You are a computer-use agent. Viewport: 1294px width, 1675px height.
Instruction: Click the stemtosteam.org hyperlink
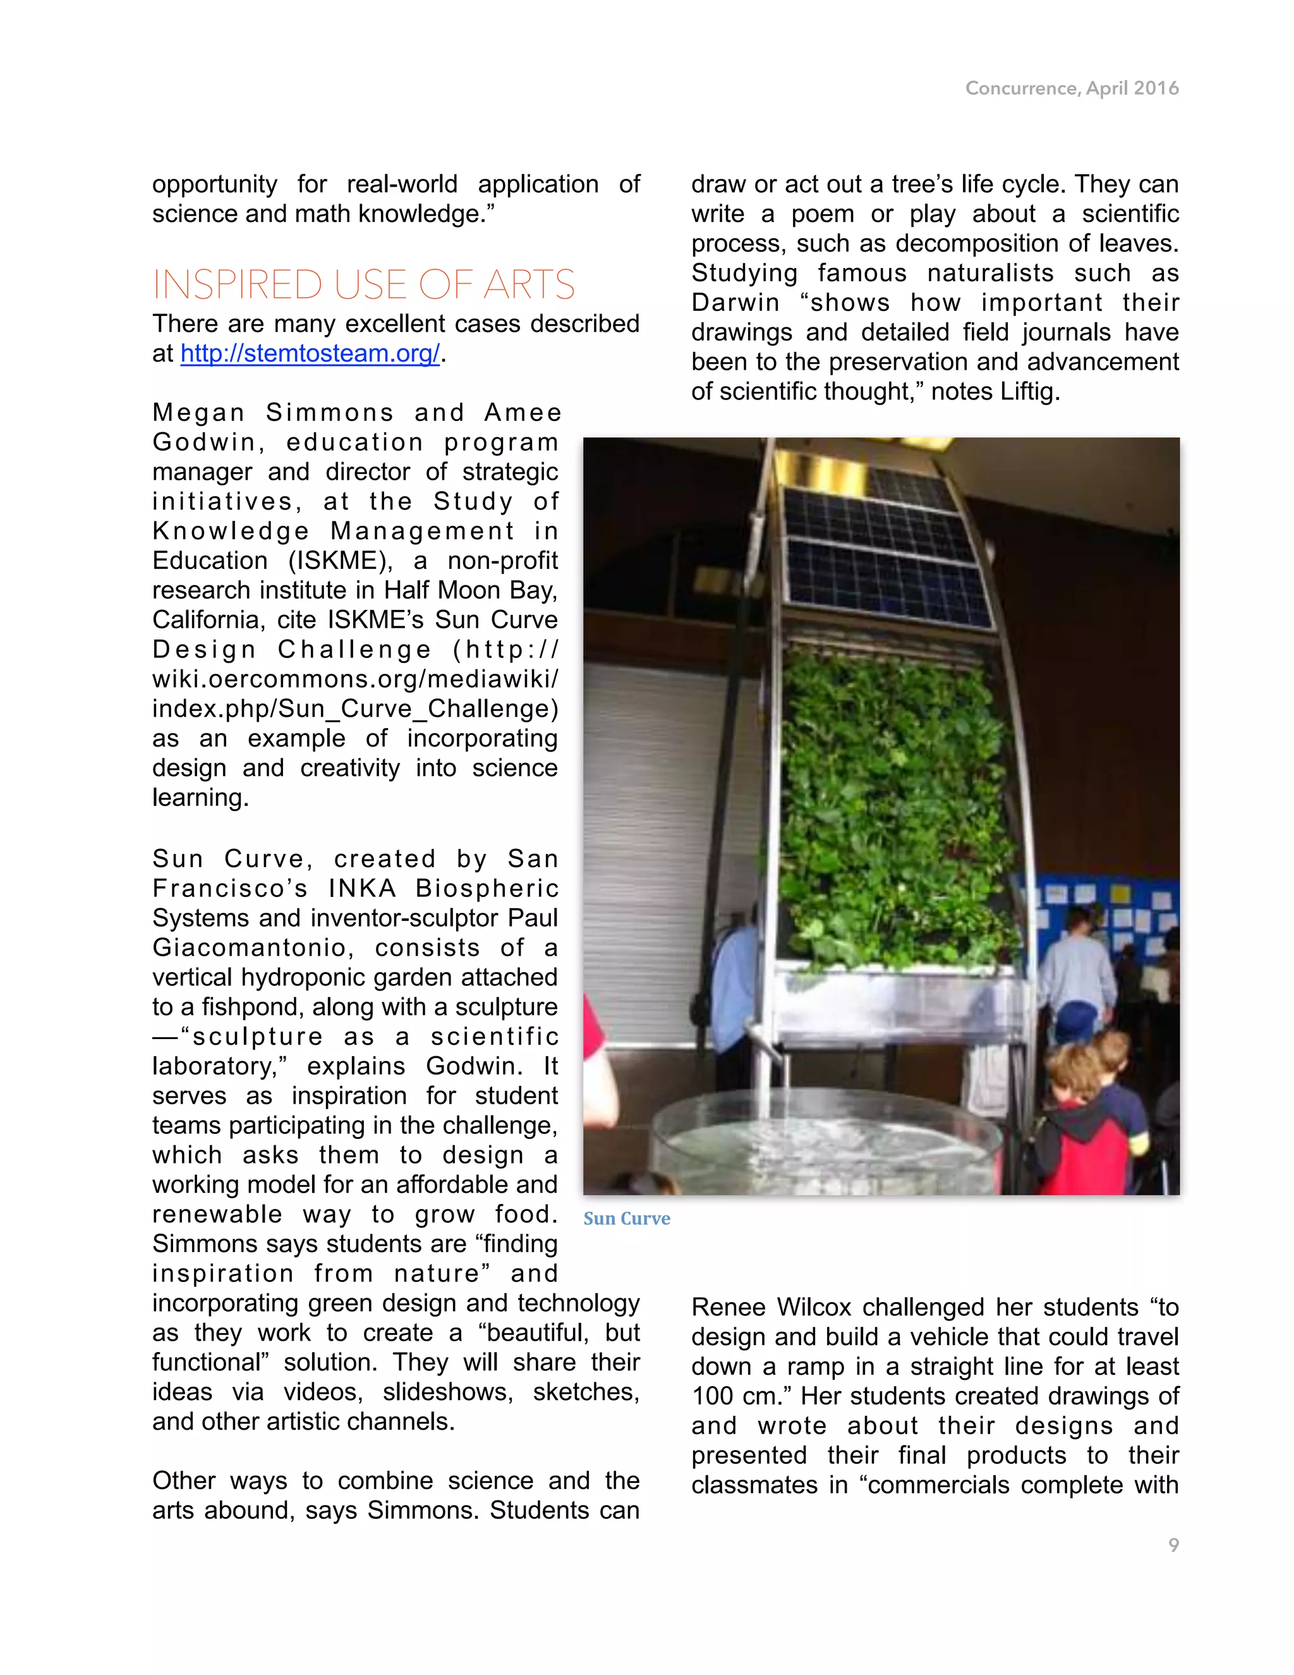coord(310,353)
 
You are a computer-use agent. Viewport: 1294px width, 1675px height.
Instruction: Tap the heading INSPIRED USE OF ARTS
coord(363,284)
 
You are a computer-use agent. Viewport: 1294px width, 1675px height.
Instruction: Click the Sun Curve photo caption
coord(626,1219)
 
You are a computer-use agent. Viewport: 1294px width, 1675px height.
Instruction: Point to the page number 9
coord(1173,1545)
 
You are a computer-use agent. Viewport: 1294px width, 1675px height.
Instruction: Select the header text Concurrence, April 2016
coord(1072,88)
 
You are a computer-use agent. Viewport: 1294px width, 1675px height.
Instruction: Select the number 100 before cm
coord(713,1396)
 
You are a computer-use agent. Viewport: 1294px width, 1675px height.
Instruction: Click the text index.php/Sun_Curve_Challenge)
coord(355,709)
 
